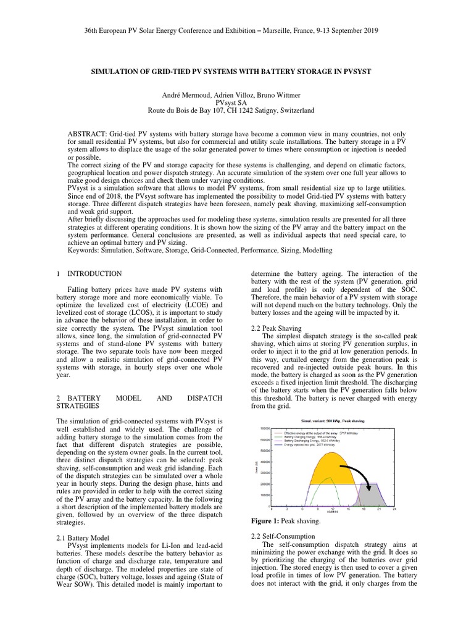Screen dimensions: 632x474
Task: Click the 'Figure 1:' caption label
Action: point(266,521)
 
